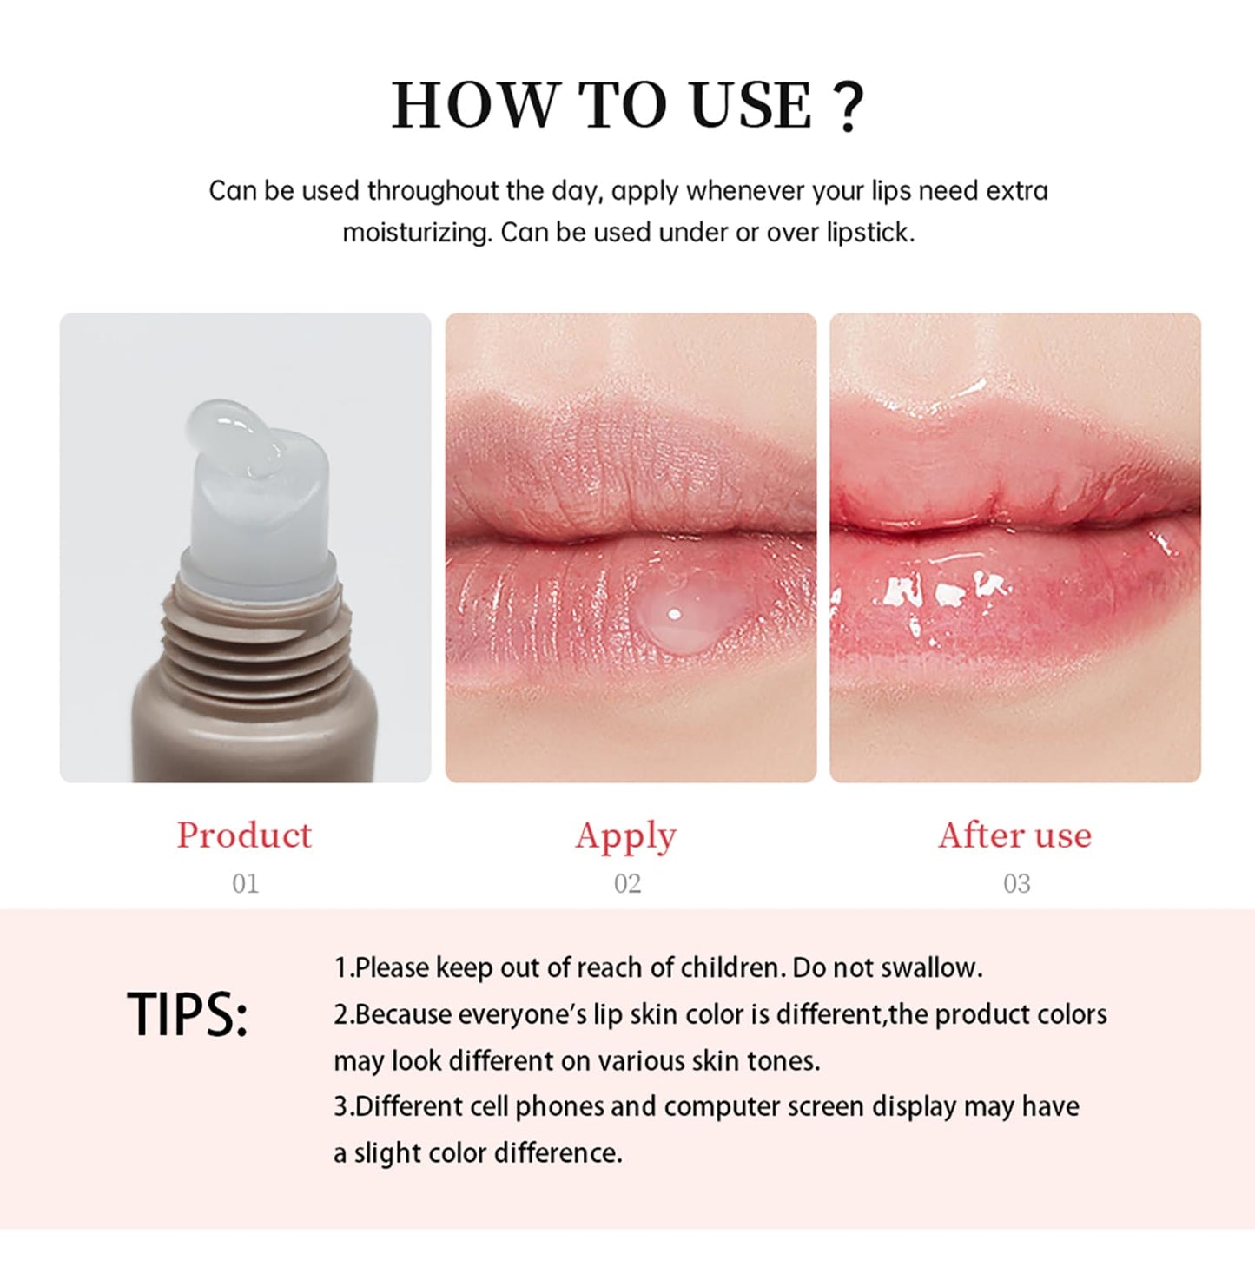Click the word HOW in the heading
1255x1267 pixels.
(x=474, y=106)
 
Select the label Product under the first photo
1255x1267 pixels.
(x=244, y=835)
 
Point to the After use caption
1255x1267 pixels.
(x=1014, y=835)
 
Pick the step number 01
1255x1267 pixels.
(x=245, y=884)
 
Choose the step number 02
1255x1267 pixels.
(x=627, y=884)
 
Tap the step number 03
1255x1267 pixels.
(x=1016, y=884)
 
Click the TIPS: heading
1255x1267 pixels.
(x=188, y=1014)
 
